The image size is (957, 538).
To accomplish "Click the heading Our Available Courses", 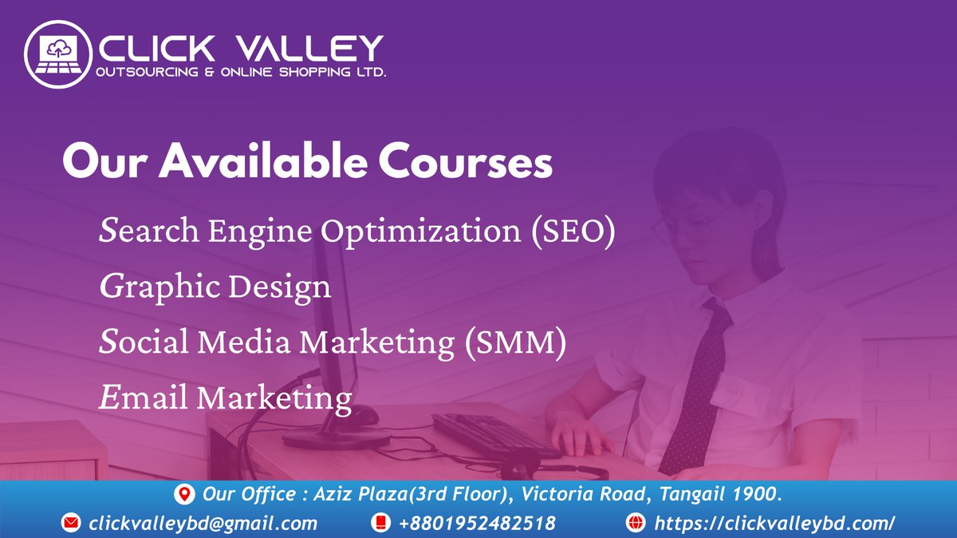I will (x=307, y=163).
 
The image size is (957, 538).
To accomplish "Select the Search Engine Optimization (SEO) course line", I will (x=358, y=231).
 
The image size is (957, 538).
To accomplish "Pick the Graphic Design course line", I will (x=215, y=286).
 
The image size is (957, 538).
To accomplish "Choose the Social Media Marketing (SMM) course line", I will (x=333, y=342).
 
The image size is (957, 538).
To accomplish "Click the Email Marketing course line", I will (x=226, y=397).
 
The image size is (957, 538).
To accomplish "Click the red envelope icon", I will (x=72, y=524).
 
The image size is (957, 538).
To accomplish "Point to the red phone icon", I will (x=380, y=524).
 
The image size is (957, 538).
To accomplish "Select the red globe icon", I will (x=636, y=524).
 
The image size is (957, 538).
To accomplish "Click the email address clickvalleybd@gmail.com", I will (x=203, y=524).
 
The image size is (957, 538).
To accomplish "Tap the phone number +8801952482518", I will (x=477, y=524).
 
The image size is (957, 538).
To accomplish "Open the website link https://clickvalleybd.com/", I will (x=774, y=524).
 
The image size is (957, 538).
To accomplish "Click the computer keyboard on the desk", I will (x=494, y=435).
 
